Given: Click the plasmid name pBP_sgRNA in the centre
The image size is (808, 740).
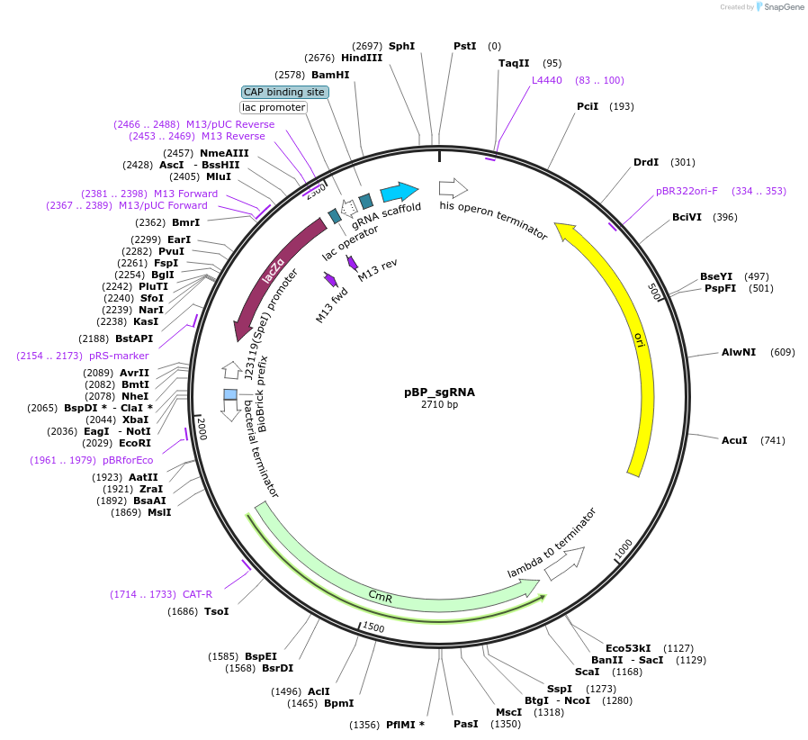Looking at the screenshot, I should tap(439, 393).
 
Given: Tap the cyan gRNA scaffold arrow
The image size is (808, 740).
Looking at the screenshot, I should tap(399, 192).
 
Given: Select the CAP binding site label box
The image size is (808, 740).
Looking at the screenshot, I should tap(284, 92).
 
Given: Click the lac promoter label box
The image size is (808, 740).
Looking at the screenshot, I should tap(274, 108).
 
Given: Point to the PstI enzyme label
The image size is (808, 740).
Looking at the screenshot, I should tap(464, 46).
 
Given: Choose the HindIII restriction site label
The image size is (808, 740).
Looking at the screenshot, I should tap(362, 58).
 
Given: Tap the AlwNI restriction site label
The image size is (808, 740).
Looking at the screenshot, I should tap(739, 352).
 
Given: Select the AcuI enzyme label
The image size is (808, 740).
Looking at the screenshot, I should tap(734, 440).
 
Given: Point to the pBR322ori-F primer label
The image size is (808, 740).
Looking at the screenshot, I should tap(687, 191).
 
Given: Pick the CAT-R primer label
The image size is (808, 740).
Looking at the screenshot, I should tap(197, 594).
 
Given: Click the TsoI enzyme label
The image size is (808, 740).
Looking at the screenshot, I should tap(216, 611).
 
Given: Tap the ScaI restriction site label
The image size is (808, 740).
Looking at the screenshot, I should tap(587, 672).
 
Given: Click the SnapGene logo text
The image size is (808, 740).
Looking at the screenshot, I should tap(783, 7).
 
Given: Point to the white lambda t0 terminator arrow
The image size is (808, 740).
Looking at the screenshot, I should tap(564, 563).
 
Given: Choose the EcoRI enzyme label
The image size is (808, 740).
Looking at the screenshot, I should tap(135, 443).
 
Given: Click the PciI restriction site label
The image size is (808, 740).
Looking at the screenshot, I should tap(588, 106).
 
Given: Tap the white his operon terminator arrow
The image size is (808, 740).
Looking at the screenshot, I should tap(453, 188).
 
